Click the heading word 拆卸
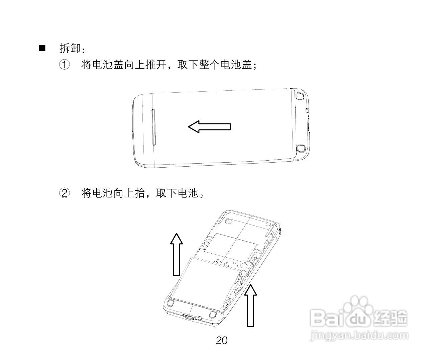pyautogui.click(x=70, y=48)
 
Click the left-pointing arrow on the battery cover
pyautogui.click(x=209, y=126)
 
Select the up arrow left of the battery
pyautogui.click(x=176, y=254)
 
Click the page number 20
pyautogui.click(x=222, y=340)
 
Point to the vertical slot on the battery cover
pyautogui.click(x=154, y=127)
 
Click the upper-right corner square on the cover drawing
pyautogui.click(x=299, y=96)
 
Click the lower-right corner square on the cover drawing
pyautogui.click(x=301, y=148)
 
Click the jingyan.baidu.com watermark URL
pyautogui.click(x=359, y=335)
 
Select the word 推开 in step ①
pyautogui.click(x=156, y=65)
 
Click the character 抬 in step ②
pyautogui.click(x=139, y=193)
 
